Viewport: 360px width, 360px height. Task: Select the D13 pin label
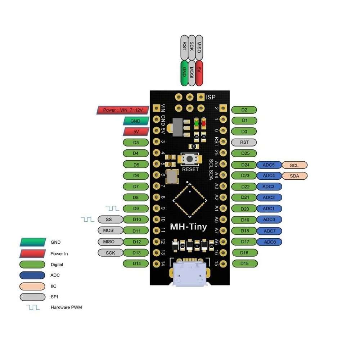pos(136,253)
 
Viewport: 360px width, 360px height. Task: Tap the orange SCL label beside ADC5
pos(294,165)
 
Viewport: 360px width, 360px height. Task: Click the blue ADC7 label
pos(269,231)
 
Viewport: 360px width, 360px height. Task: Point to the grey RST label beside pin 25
pos(244,142)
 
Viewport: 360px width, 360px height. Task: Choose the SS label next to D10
pos(110,219)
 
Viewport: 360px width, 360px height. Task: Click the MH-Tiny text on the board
pos(189,227)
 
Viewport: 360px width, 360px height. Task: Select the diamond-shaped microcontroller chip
pos(189,199)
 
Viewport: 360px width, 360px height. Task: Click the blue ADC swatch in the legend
pos(32,275)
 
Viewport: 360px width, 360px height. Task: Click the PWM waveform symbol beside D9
pos(112,208)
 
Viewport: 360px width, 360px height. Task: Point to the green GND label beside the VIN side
pos(136,121)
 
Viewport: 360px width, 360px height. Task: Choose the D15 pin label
pos(244,264)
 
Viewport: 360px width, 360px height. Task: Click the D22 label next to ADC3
pos(244,187)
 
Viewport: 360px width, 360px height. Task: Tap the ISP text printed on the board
pos(211,97)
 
